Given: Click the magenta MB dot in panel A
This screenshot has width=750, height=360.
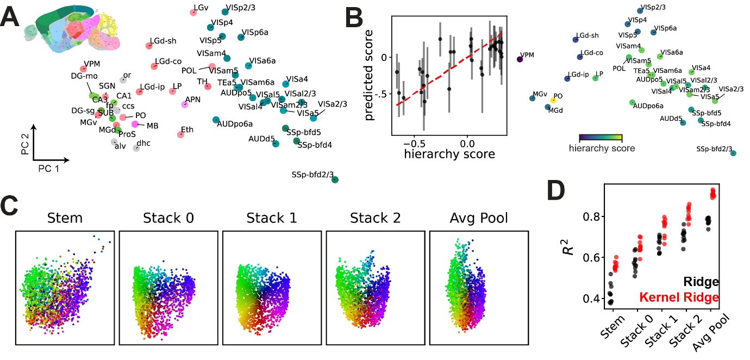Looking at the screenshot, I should click(x=135, y=125).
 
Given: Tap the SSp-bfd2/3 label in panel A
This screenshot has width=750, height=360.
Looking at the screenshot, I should click(x=312, y=174).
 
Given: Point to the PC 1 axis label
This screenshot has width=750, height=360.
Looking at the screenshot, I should click(x=49, y=170).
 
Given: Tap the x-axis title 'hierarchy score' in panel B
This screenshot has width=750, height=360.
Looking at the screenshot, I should click(x=449, y=154).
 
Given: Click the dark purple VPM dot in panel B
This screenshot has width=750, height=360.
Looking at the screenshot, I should click(x=520, y=60).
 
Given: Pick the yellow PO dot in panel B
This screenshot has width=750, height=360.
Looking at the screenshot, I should click(x=553, y=100).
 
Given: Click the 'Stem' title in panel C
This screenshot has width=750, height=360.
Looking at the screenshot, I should click(x=65, y=219).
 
